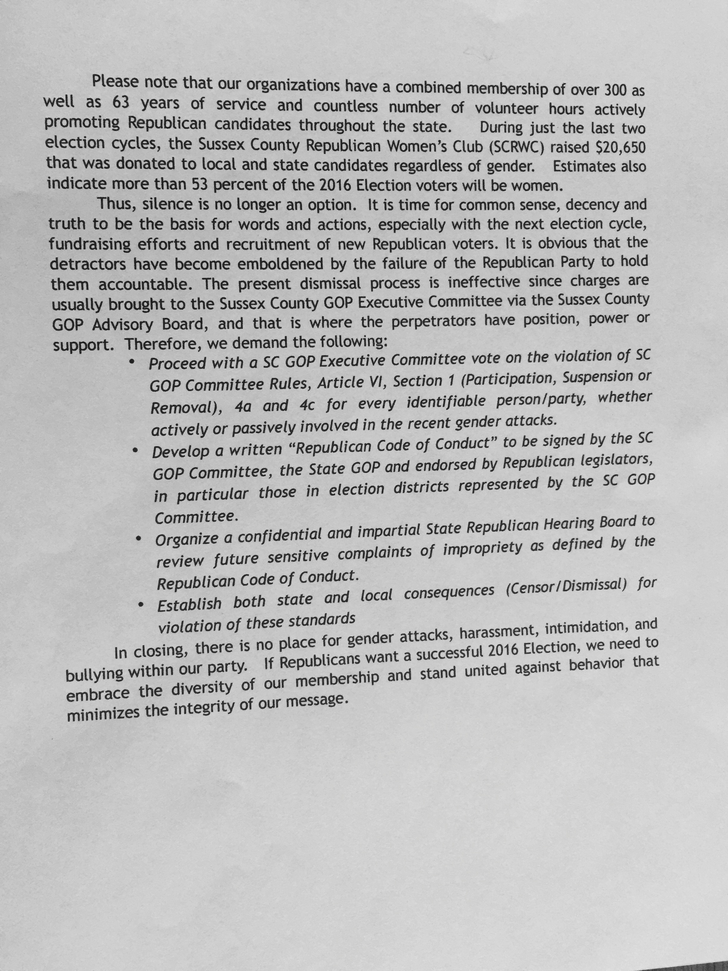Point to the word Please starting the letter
[115, 82]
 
